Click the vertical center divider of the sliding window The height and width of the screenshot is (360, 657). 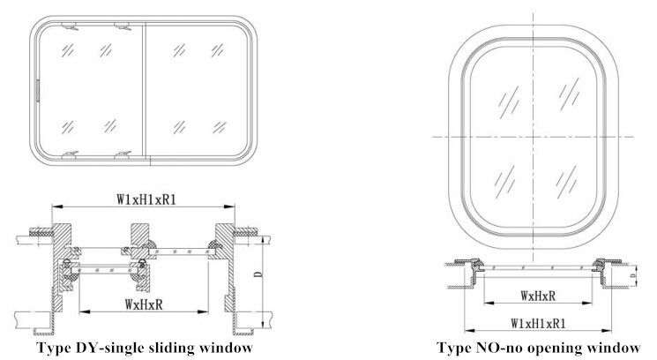[x=144, y=93]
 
